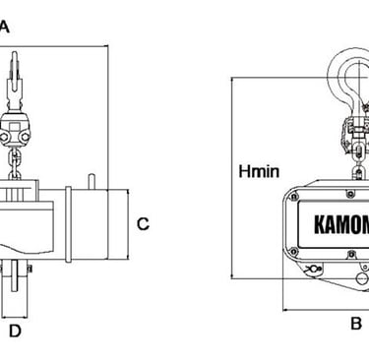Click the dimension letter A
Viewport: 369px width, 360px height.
tap(4, 27)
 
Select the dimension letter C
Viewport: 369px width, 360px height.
tap(143, 224)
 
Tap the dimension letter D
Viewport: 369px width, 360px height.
tap(15, 331)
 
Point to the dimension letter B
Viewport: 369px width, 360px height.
tap(356, 324)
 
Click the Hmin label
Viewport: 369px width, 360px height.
tap(259, 171)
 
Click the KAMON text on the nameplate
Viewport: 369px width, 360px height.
tap(341, 224)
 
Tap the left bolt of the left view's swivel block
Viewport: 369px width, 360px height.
tap(4, 138)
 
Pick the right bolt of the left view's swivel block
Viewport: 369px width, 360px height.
tap(25, 138)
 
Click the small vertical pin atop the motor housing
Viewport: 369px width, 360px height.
tap(92, 181)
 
